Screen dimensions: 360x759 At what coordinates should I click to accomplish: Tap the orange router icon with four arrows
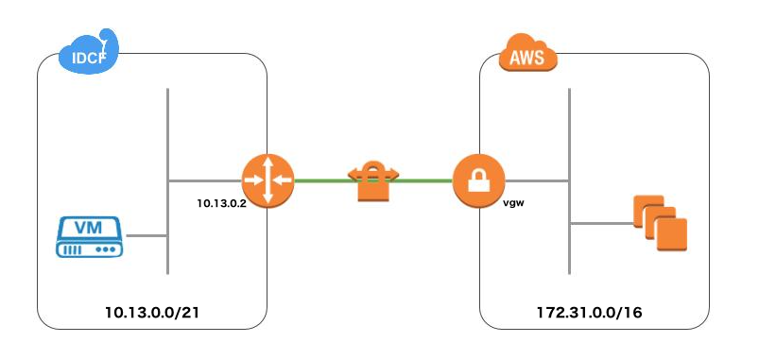(x=267, y=180)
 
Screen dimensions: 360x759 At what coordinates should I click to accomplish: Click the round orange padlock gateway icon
(x=479, y=180)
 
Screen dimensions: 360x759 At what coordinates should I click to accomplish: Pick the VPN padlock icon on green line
(x=374, y=180)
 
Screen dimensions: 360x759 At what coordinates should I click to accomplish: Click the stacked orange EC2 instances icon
(x=660, y=222)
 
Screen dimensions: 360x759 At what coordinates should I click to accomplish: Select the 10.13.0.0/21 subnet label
(x=150, y=309)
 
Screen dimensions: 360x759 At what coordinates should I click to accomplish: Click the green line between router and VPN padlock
(x=321, y=180)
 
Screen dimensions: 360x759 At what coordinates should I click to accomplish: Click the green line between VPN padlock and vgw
(x=425, y=180)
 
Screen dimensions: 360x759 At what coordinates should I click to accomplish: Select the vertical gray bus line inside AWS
(x=569, y=123)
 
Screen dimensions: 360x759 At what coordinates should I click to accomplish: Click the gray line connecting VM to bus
(x=146, y=235)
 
